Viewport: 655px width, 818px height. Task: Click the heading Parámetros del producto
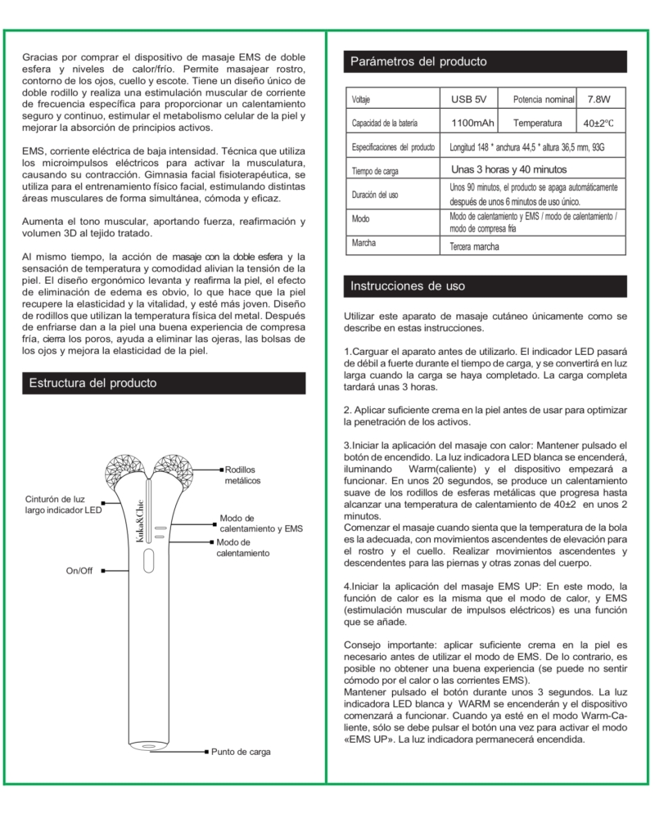click(418, 61)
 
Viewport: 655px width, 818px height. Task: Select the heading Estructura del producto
click(93, 383)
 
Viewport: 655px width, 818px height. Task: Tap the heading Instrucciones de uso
click(408, 285)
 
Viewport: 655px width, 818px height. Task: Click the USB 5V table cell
click(469, 100)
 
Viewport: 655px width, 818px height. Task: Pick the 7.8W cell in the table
click(599, 100)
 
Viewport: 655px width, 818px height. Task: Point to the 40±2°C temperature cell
click(599, 124)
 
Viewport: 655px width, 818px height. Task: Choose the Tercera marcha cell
click(477, 245)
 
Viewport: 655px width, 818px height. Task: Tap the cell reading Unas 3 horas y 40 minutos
click(509, 169)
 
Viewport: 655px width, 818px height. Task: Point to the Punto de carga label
click(241, 751)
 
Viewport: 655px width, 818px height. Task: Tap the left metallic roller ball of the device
click(124, 470)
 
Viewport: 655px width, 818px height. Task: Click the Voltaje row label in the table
click(361, 100)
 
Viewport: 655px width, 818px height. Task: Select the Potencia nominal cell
click(543, 100)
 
